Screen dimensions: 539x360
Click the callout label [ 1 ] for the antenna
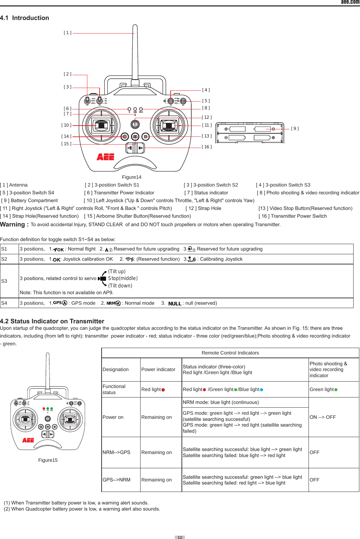click(67, 33)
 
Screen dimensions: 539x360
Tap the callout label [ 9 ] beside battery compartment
click(295, 129)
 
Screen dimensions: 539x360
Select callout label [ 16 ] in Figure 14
click(207, 147)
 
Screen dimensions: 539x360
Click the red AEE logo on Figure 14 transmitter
click(105, 157)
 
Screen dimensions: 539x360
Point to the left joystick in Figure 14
click(101, 125)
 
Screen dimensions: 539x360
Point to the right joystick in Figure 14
click(169, 126)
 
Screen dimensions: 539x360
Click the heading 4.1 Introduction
click(24, 18)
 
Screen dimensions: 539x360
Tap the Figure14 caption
click(131, 177)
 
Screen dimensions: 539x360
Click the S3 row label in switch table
click(4, 281)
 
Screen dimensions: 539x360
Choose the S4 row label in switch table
click(4, 303)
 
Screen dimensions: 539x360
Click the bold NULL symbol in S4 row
click(175, 304)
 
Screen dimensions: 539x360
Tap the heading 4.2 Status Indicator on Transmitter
click(52, 321)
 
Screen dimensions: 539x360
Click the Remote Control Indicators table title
click(230, 353)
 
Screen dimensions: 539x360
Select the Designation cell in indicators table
click(115, 369)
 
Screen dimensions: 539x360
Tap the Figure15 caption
click(48, 460)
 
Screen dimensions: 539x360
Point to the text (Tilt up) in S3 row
click(117, 272)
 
